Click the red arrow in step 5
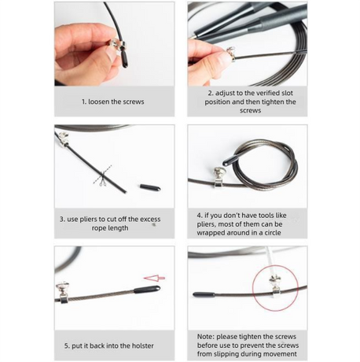point(154,278)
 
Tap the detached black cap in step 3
point(150,187)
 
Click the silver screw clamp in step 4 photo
point(218,178)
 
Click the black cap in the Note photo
point(204,294)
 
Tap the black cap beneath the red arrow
point(147,290)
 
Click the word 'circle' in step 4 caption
point(272,233)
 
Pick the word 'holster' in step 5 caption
point(142,345)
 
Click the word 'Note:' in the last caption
point(206,337)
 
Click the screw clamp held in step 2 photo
point(231,54)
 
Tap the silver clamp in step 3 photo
point(63,139)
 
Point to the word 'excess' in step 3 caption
point(150,220)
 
